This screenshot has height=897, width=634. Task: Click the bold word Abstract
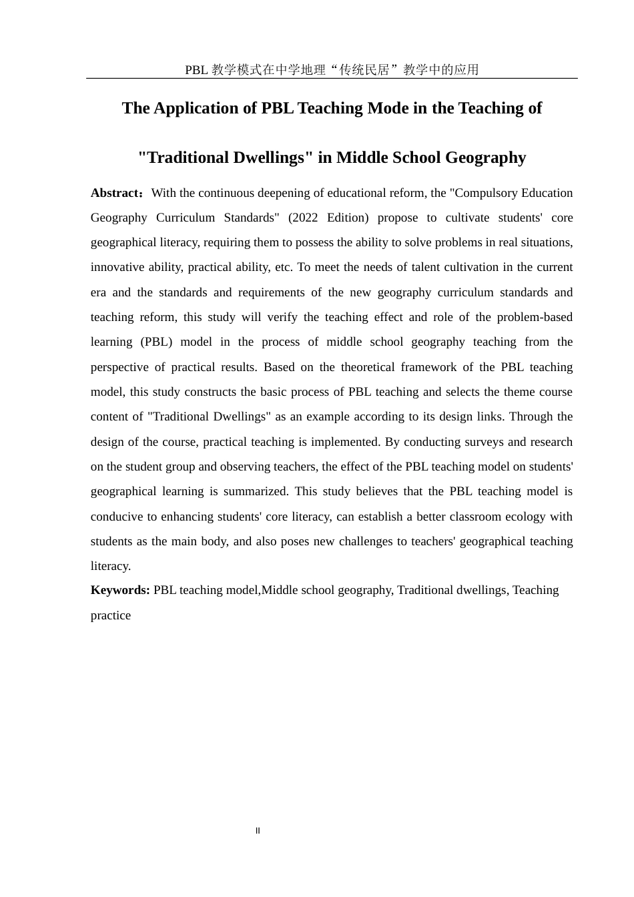pyautogui.click(x=114, y=193)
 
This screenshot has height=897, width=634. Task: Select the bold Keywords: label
pyautogui.click(x=120, y=590)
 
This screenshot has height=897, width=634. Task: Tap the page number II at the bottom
pyautogui.click(x=258, y=831)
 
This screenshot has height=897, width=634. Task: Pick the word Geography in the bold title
pyautogui.click(x=485, y=158)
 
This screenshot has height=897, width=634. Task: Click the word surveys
pyautogui.click(x=486, y=442)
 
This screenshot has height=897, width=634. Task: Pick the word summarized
pyautogui.click(x=256, y=491)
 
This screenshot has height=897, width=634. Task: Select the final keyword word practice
pyautogui.click(x=111, y=615)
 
